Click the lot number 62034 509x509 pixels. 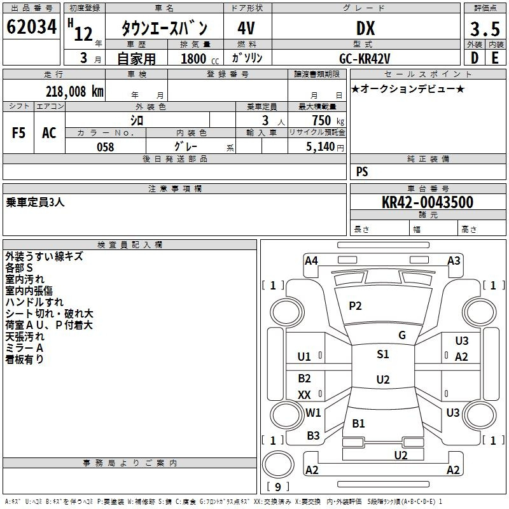[31, 27]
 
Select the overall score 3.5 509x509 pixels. [485, 29]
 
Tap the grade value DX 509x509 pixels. [365, 28]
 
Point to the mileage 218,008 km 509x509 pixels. [74, 92]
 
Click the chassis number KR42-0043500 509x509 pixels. [428, 202]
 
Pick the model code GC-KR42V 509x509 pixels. [365, 59]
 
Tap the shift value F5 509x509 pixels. [18, 133]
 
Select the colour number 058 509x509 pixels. [106, 147]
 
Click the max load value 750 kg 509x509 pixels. [328, 120]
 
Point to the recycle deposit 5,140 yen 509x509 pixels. [325, 147]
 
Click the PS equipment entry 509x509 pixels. [362, 172]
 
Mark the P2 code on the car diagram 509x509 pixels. [355, 306]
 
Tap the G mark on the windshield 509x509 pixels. [402, 335]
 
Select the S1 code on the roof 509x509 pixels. [383, 354]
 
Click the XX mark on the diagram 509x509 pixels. [304, 394]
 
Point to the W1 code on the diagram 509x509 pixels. [313, 412]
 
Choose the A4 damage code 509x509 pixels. [311, 261]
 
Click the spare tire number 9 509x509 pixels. [278, 487]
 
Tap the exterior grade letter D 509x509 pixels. [475, 58]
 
